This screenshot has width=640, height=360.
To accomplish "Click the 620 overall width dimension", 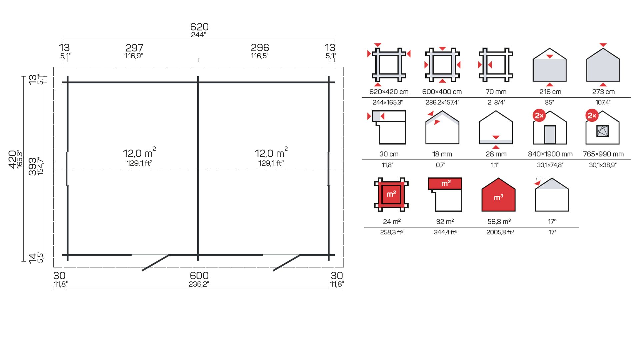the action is (199, 27).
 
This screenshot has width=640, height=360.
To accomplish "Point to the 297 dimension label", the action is (134, 48).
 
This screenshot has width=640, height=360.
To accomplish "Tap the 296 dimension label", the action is (260, 48).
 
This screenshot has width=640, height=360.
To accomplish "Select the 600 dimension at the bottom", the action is (199, 276).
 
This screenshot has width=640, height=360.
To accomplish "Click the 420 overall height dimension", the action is (12, 159).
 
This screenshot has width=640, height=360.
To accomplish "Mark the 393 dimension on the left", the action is (32, 166).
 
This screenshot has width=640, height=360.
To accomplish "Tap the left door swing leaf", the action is (155, 263).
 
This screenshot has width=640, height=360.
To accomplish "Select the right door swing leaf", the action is (286, 263).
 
